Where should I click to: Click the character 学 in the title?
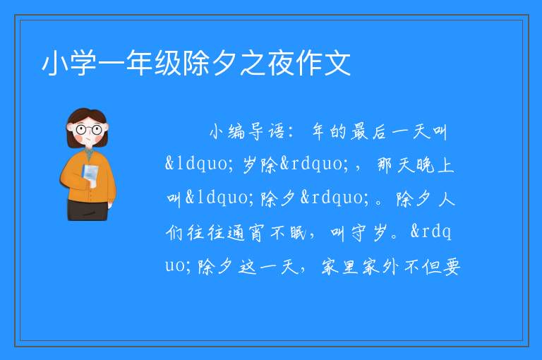point(83,63)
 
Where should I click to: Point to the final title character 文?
point(338,63)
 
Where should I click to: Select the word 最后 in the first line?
point(368,132)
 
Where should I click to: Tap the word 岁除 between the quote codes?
point(260,164)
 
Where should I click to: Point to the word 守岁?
point(368,232)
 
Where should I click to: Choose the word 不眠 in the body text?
point(288,232)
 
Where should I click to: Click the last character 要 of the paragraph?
point(451,266)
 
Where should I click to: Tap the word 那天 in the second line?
point(395,164)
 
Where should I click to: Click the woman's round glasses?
point(89,130)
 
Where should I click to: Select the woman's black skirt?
point(88,210)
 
